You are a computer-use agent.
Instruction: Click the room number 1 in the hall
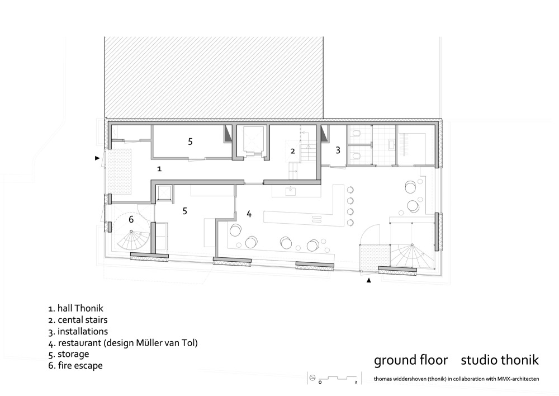pyautogui.click(x=159, y=169)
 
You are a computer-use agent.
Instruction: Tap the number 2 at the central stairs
pyautogui.click(x=293, y=151)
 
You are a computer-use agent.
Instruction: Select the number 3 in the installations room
pyautogui.click(x=338, y=150)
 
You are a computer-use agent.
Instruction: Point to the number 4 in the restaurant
pyautogui.click(x=249, y=214)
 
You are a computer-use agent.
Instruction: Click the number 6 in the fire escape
pyautogui.click(x=131, y=219)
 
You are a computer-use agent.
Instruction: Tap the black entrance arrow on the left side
pyautogui.click(x=97, y=158)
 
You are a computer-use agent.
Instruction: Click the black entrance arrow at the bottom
pyautogui.click(x=369, y=281)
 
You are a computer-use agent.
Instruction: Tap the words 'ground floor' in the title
pyautogui.click(x=411, y=360)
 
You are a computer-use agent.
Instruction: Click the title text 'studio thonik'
pyautogui.click(x=500, y=360)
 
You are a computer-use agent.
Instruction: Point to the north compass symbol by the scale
pyautogui.click(x=312, y=378)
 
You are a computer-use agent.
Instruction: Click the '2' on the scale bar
pyautogui.click(x=356, y=383)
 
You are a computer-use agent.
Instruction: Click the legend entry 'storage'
pyautogui.click(x=73, y=355)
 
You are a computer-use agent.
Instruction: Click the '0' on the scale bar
pyautogui.click(x=320, y=383)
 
